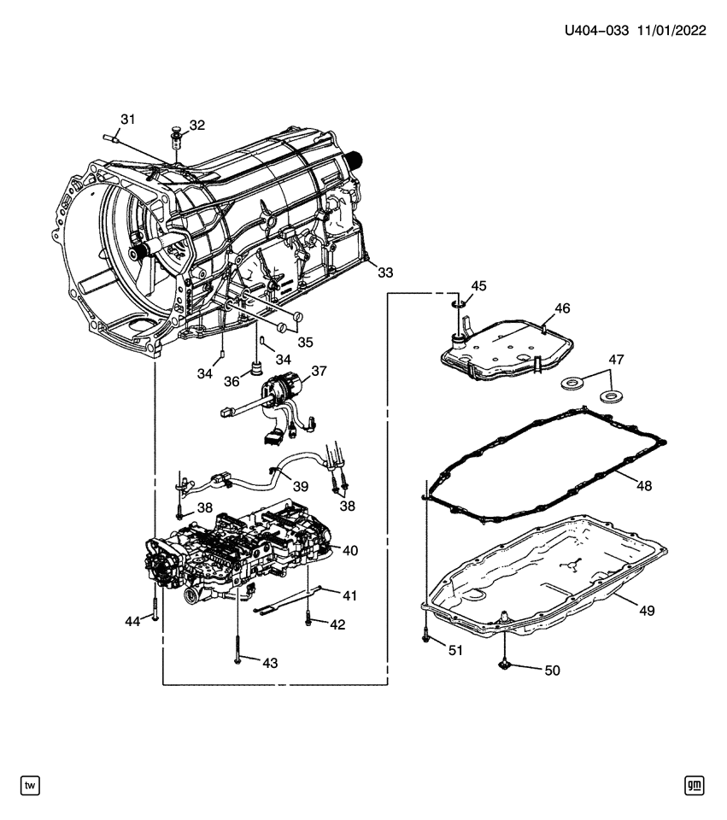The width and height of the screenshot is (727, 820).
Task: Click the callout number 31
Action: coord(127,120)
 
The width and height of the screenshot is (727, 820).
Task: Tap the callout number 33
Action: coord(386,272)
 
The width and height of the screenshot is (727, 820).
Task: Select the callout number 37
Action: coord(319,372)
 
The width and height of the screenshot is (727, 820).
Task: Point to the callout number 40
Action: coord(350,550)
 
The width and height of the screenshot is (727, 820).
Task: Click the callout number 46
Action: coord(561,307)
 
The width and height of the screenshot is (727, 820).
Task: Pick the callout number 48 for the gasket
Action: coord(644,485)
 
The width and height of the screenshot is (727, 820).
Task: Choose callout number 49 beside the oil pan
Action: coord(647,610)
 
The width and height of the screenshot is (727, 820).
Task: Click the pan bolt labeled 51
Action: coord(425,636)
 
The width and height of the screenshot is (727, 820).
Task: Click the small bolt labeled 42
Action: coord(308,621)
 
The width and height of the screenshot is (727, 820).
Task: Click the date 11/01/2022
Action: coord(671,31)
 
